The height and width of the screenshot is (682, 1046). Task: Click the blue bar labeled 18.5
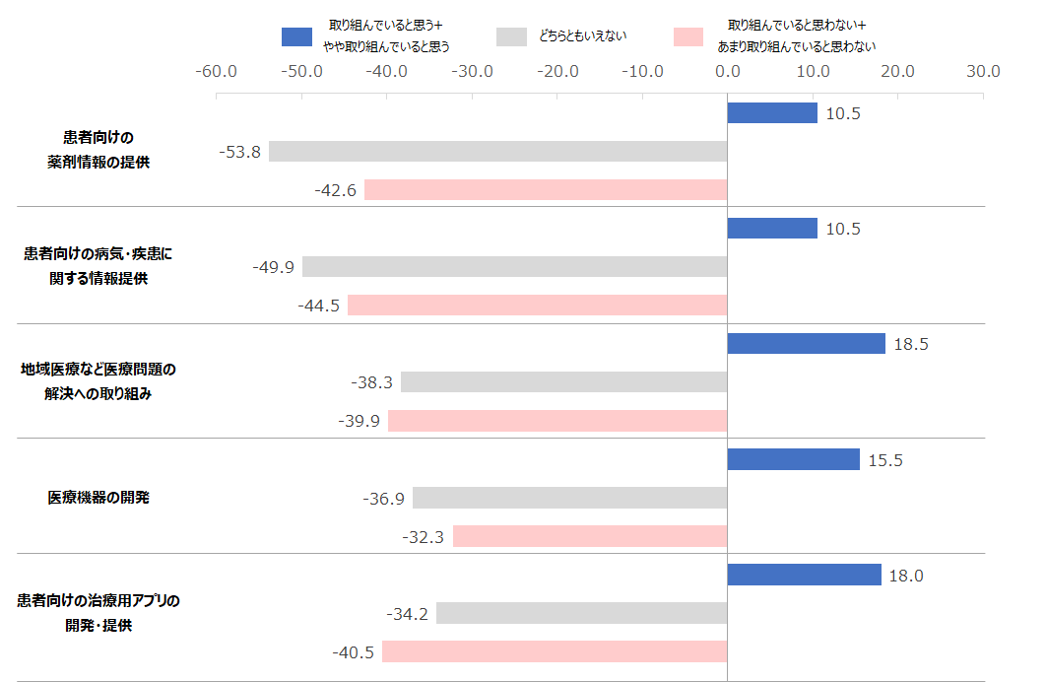coord(806,343)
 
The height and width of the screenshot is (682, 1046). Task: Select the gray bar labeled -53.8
coord(497,151)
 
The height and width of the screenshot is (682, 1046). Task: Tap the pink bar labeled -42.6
coord(546,189)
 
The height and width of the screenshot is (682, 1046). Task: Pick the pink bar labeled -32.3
coord(589,536)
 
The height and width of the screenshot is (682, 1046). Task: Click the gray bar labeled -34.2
coord(581,613)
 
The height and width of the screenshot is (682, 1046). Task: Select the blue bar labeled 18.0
coord(804,575)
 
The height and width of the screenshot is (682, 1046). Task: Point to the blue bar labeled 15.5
coord(793,459)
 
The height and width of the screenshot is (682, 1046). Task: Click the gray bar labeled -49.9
coord(514,266)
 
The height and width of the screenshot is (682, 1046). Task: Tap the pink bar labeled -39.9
coord(557,421)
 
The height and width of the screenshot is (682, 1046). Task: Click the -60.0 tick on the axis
coord(216,71)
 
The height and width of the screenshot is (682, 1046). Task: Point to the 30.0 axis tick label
coord(982,71)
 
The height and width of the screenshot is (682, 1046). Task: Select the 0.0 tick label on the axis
coord(727,71)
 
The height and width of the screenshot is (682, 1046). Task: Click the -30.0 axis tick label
coord(472,71)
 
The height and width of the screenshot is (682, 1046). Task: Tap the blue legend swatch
coord(296,36)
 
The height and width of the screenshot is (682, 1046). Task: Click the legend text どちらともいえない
coord(582,36)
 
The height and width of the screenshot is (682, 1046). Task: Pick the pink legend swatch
coord(688,36)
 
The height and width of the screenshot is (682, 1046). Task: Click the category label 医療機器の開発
coord(98,498)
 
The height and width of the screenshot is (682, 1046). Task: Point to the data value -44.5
coord(318,306)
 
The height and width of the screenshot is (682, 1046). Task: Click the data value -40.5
coord(353,651)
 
